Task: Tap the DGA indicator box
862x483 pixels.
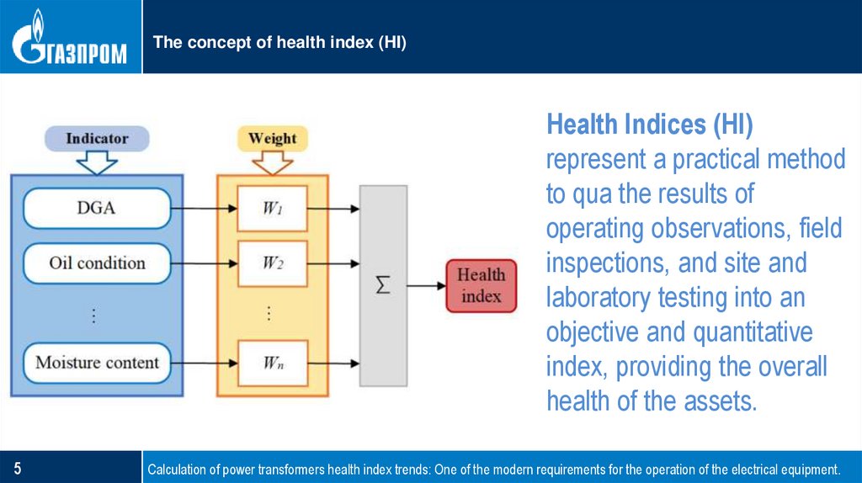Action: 97,209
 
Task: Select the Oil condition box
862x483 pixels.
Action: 97,263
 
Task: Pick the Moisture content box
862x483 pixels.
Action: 97,363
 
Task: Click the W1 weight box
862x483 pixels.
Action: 272,209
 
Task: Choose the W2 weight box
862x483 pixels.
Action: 272,263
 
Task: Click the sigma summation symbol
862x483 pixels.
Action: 383,285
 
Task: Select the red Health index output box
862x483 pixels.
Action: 481,285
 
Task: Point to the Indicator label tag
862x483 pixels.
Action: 97,138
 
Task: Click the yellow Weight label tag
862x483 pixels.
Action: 272,138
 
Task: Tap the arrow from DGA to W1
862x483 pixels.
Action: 203,209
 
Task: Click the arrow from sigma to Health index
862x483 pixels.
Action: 426,285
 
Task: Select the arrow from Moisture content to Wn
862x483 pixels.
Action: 203,363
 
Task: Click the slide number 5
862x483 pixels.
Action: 17,469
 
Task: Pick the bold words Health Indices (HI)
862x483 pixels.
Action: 650,125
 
